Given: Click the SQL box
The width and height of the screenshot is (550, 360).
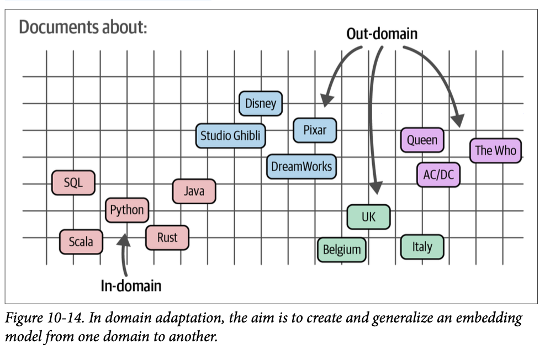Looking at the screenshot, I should pyautogui.click(x=73, y=183).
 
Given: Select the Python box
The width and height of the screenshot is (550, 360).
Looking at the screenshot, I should pyautogui.click(x=127, y=210).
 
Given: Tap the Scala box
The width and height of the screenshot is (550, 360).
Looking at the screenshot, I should pyautogui.click(x=81, y=241).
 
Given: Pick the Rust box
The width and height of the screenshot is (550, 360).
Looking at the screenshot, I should pyautogui.click(x=167, y=238).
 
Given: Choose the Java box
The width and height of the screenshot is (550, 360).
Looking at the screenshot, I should pyautogui.click(x=194, y=192).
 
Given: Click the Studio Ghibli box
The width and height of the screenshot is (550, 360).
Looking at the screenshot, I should pyautogui.click(x=231, y=136).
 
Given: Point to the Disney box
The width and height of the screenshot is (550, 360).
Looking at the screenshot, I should pyautogui.click(x=261, y=103).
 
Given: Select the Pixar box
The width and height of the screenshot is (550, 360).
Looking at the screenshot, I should pyautogui.click(x=315, y=131).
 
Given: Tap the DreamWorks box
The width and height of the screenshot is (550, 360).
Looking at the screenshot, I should pyautogui.click(x=302, y=166).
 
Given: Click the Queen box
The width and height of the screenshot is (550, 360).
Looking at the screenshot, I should pyautogui.click(x=422, y=140).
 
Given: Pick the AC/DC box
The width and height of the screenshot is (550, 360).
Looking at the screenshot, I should pyautogui.click(x=438, y=175).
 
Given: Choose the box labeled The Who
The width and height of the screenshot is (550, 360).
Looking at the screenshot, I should pyautogui.click(x=495, y=150).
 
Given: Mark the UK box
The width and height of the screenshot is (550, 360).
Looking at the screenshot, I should pyautogui.click(x=368, y=217).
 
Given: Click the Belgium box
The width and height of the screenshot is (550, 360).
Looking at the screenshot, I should pyautogui.click(x=342, y=250).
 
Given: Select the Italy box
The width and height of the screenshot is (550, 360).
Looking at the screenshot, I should pyautogui.click(x=422, y=247).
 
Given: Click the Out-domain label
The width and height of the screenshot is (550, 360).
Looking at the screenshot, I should pyautogui.click(x=382, y=34).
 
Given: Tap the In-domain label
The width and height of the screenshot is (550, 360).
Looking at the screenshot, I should pyautogui.click(x=131, y=285).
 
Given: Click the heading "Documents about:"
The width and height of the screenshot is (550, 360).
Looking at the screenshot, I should pyautogui.click(x=83, y=27).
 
